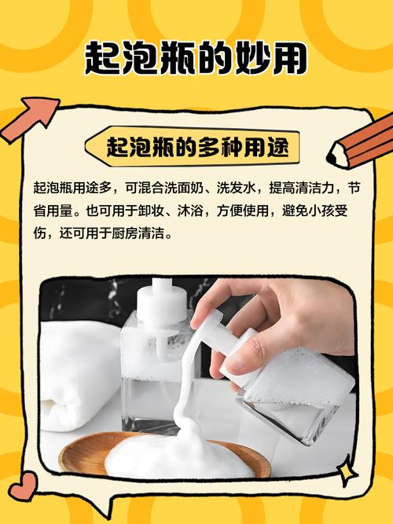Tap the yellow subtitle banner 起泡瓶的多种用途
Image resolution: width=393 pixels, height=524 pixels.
click(x=196, y=147)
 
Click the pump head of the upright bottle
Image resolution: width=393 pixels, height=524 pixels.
click(x=161, y=302)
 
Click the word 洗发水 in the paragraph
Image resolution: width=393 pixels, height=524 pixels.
click(x=241, y=189)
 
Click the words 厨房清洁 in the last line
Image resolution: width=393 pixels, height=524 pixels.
click(x=141, y=233)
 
